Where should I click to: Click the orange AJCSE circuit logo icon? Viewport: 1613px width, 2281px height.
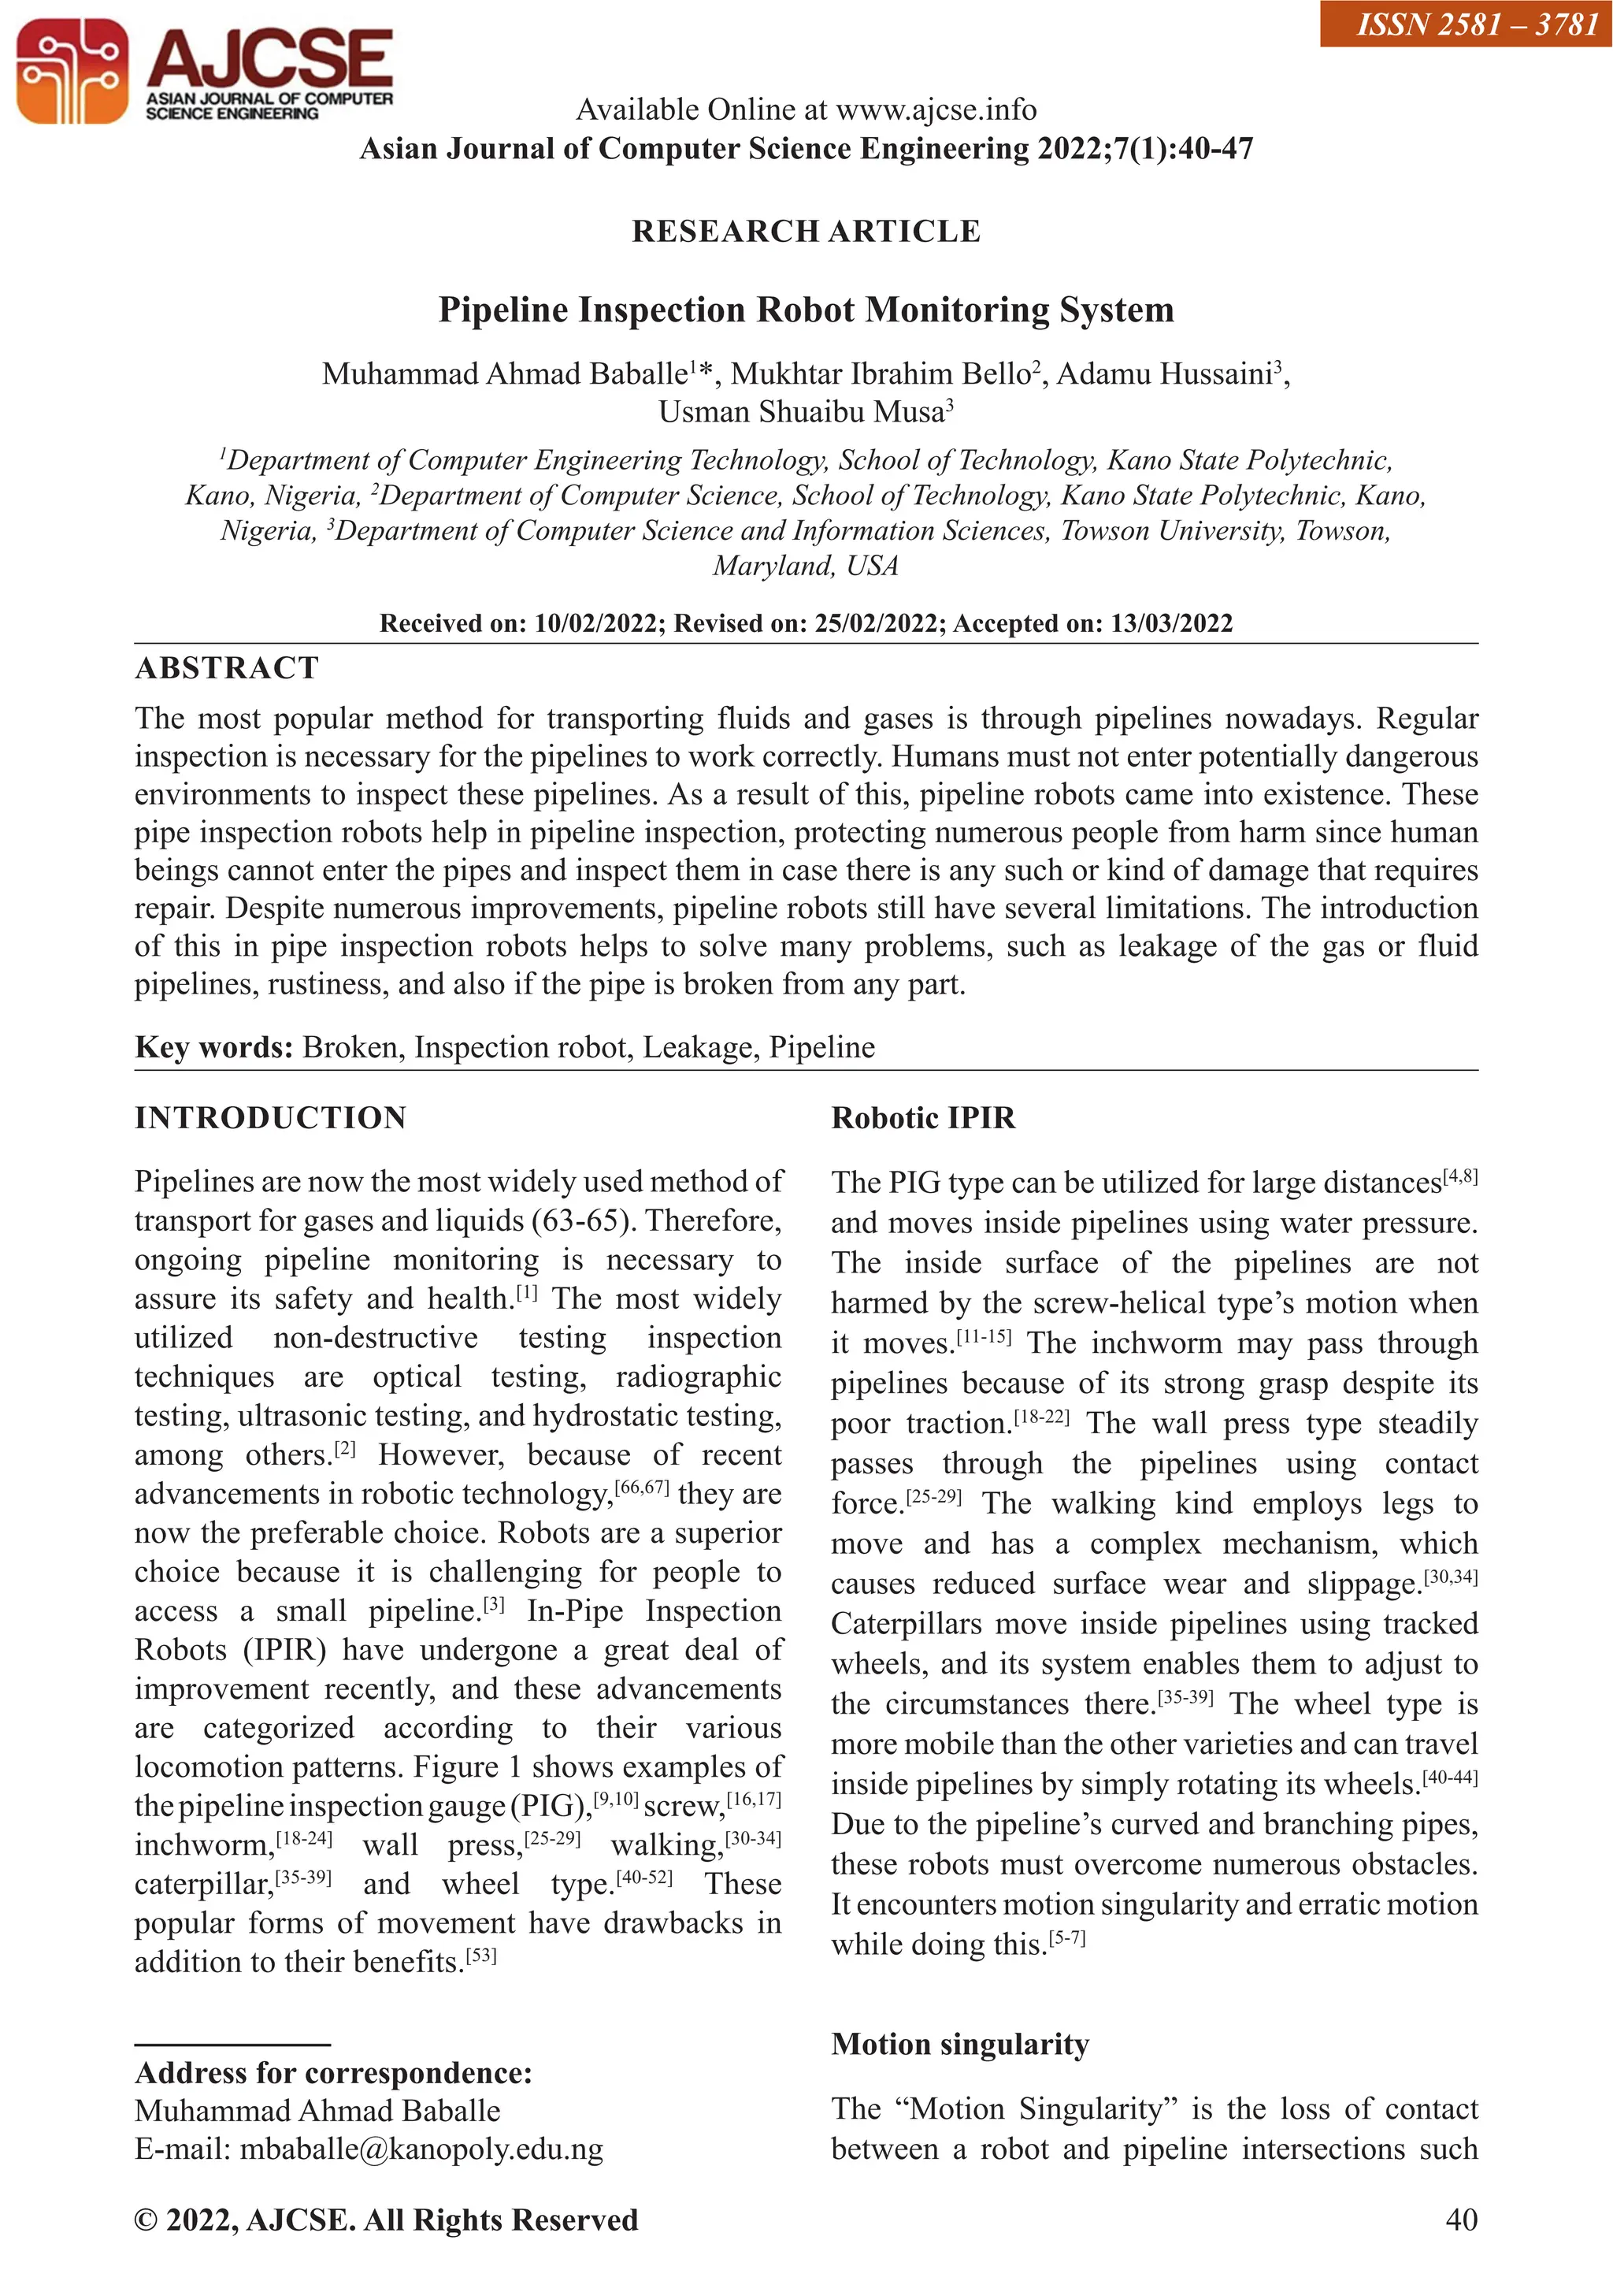point(72,72)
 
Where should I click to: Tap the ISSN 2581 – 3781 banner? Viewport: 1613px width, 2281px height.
point(1466,24)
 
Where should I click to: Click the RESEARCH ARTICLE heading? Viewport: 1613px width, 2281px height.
point(806,232)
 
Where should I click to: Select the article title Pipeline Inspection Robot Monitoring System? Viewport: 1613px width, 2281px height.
point(806,310)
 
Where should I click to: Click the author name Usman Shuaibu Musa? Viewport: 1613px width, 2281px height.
point(800,411)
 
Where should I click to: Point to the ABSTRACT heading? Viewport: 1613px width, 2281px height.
point(227,667)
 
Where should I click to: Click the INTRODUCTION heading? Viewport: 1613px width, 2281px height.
point(270,1117)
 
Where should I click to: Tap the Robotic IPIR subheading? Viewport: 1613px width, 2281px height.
point(923,1117)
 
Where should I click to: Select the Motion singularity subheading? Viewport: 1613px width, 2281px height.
point(959,2044)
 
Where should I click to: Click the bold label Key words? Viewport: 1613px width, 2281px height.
point(213,1047)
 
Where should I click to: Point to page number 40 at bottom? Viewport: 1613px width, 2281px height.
point(1461,2220)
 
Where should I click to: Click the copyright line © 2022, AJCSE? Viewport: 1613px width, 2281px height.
point(385,2220)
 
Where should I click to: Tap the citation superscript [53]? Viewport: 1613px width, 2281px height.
point(480,1957)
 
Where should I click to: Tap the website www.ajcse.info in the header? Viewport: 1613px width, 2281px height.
point(936,110)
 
